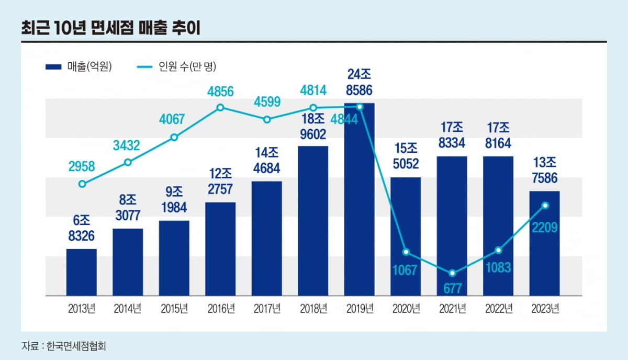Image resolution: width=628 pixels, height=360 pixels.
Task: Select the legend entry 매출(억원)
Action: pos(78,66)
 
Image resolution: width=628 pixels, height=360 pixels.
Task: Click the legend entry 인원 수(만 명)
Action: pos(177,66)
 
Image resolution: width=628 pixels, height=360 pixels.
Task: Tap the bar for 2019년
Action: pos(359,199)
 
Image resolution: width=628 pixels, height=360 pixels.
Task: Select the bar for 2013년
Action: pos(82,272)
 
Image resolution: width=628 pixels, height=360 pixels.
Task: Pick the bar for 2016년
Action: pos(220,249)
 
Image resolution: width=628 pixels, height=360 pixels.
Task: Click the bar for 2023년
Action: pos(545,243)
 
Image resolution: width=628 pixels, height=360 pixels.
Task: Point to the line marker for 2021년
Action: pos(452,273)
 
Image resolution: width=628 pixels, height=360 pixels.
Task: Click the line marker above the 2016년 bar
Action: pos(220,107)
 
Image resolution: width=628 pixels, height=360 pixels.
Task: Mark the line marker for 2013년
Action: pos(82,184)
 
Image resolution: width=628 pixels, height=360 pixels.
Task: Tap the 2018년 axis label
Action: pos(313,309)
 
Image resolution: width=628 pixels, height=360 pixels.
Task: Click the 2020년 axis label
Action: pos(406,309)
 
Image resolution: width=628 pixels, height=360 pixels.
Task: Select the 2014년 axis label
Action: pos(128,309)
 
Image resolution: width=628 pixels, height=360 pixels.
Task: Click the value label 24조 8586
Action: pos(359,82)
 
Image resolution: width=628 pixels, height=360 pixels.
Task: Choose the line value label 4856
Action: pos(220,91)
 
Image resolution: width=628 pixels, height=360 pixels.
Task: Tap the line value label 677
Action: pos(452,288)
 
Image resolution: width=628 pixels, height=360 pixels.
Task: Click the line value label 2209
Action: pos(545,227)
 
